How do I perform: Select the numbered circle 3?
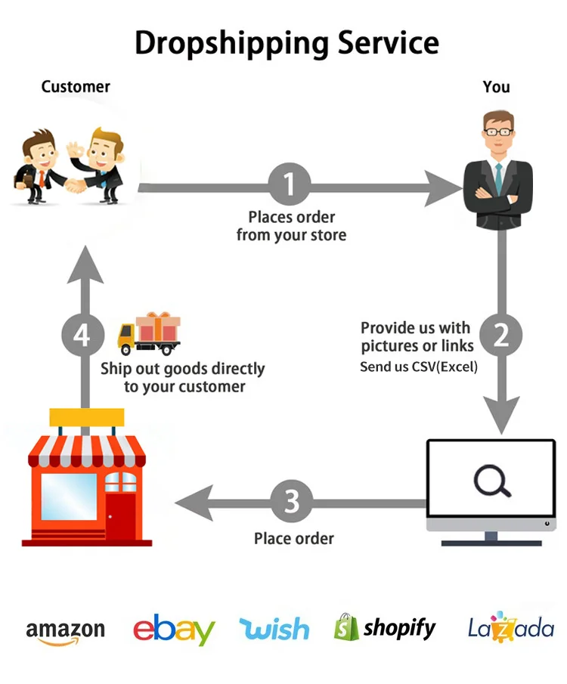(x=292, y=502)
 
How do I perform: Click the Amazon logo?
(x=65, y=631)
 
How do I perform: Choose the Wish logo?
(x=274, y=629)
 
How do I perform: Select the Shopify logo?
(x=385, y=627)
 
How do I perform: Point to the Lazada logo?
(x=511, y=627)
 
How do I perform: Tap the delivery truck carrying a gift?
(x=150, y=334)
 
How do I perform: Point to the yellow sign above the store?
(x=86, y=417)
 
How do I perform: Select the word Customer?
(x=76, y=87)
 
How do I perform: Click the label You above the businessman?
(x=496, y=87)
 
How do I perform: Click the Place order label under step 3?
(x=293, y=539)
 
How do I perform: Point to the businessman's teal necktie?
(x=498, y=175)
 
